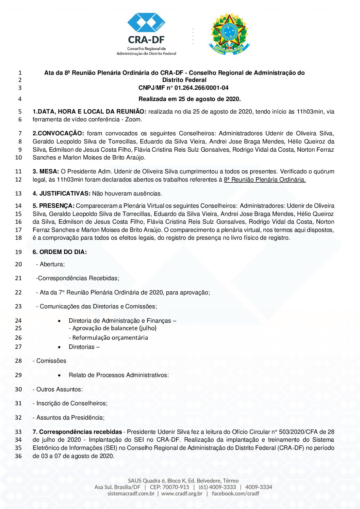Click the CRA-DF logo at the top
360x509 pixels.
pos(147,34)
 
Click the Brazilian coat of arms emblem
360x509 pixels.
pos(229,34)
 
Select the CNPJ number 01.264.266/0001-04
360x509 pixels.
pos(201,88)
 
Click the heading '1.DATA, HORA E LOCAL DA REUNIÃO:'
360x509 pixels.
pos(89,112)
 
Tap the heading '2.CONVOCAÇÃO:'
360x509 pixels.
pos(58,133)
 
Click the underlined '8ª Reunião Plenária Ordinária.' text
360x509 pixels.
pos(265,180)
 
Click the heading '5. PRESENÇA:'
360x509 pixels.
pos(53,206)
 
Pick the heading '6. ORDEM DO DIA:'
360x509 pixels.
pos(60,252)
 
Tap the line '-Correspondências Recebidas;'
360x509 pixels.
pos(78,278)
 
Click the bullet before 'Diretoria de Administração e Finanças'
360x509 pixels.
pos(60,321)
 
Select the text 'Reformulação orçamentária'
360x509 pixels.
pos(110,338)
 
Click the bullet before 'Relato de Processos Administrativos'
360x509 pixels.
pos(60,375)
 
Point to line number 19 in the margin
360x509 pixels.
pos(18,252)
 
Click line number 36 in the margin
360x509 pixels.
pos(18,456)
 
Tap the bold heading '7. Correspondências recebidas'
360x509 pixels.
pos(77,432)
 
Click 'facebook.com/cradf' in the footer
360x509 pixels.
pos(235,493)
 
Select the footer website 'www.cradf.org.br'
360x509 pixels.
pos(182,493)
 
